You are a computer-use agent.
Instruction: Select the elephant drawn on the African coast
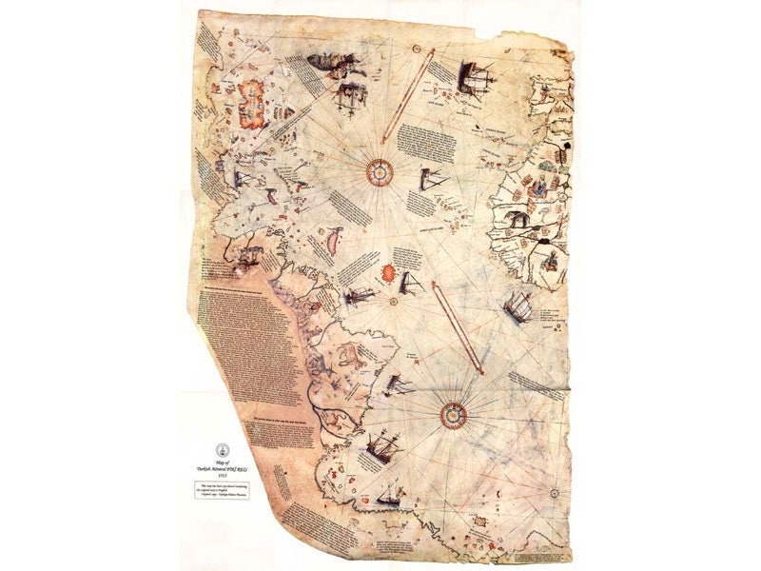[x=519, y=220]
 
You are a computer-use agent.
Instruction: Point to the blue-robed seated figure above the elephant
[x=543, y=185]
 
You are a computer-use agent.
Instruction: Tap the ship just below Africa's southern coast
[x=519, y=305]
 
